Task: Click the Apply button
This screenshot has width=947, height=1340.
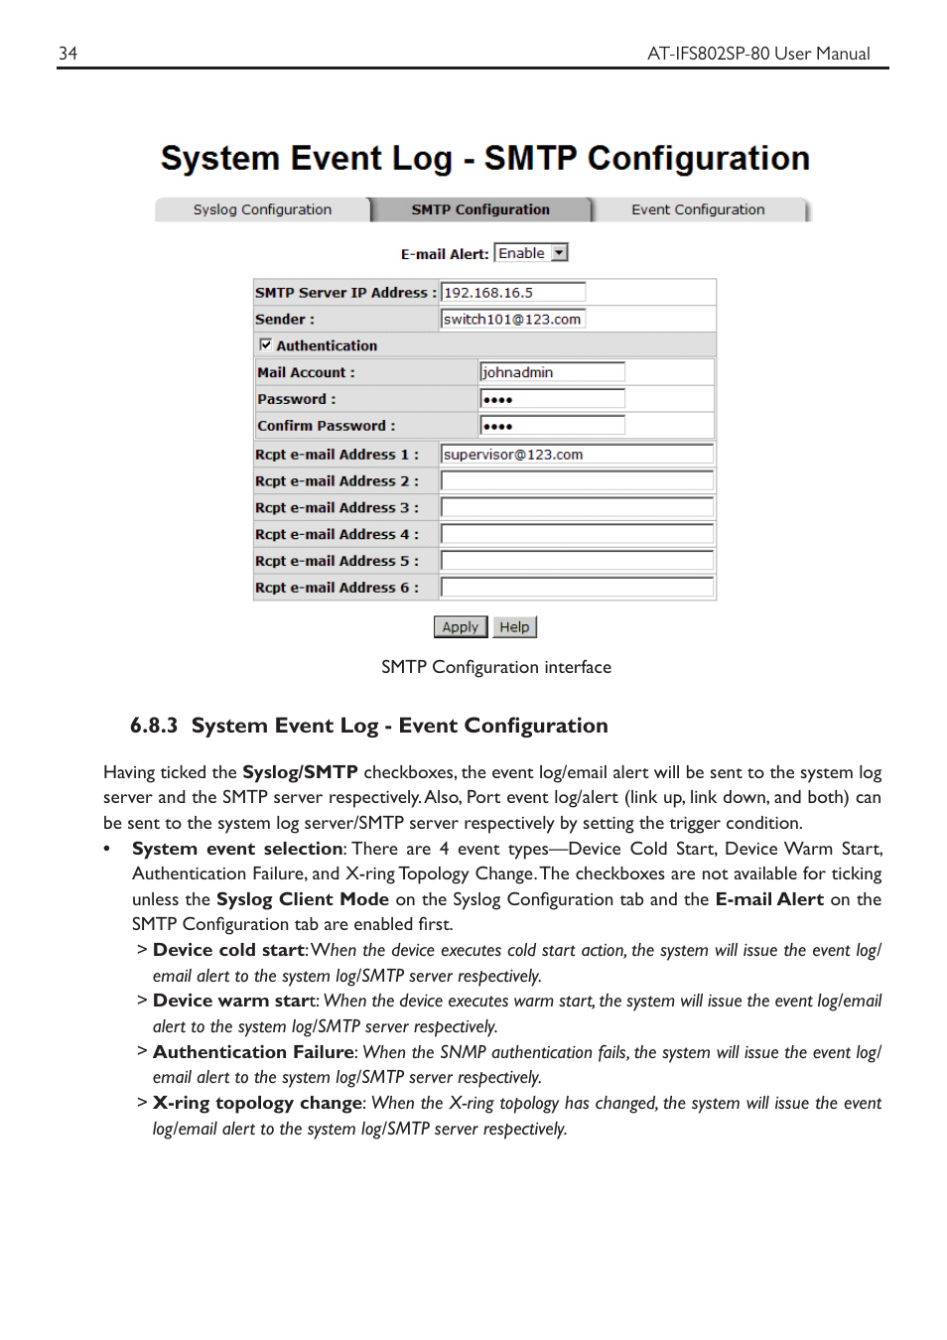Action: pos(460,627)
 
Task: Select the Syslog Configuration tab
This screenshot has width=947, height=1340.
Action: pos(262,209)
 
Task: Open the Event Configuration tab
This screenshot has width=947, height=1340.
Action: pos(698,209)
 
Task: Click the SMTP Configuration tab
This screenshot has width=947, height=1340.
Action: pos(480,209)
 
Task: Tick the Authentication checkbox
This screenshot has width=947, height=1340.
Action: pos(265,344)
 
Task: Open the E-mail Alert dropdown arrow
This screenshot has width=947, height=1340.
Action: pos(560,253)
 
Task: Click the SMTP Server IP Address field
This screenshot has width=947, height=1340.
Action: pos(512,292)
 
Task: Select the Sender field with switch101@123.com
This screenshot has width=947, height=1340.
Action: pos(512,319)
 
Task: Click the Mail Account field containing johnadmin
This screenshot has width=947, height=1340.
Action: pos(551,372)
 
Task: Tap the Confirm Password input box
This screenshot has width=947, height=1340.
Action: pos(551,426)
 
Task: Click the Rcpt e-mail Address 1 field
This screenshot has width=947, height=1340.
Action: pos(576,455)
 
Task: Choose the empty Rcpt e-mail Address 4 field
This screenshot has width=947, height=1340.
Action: pos(576,534)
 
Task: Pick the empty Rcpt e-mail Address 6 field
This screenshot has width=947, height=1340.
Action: pos(576,588)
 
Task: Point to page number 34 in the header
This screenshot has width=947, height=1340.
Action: pos(68,54)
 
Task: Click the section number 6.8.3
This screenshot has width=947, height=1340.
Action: pos(154,726)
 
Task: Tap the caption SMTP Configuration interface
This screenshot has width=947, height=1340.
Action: pos(495,667)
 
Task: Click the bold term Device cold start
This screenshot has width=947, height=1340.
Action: pos(228,950)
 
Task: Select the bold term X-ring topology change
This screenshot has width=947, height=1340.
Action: pos(258,1103)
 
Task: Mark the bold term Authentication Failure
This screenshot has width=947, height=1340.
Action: pos(253,1052)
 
